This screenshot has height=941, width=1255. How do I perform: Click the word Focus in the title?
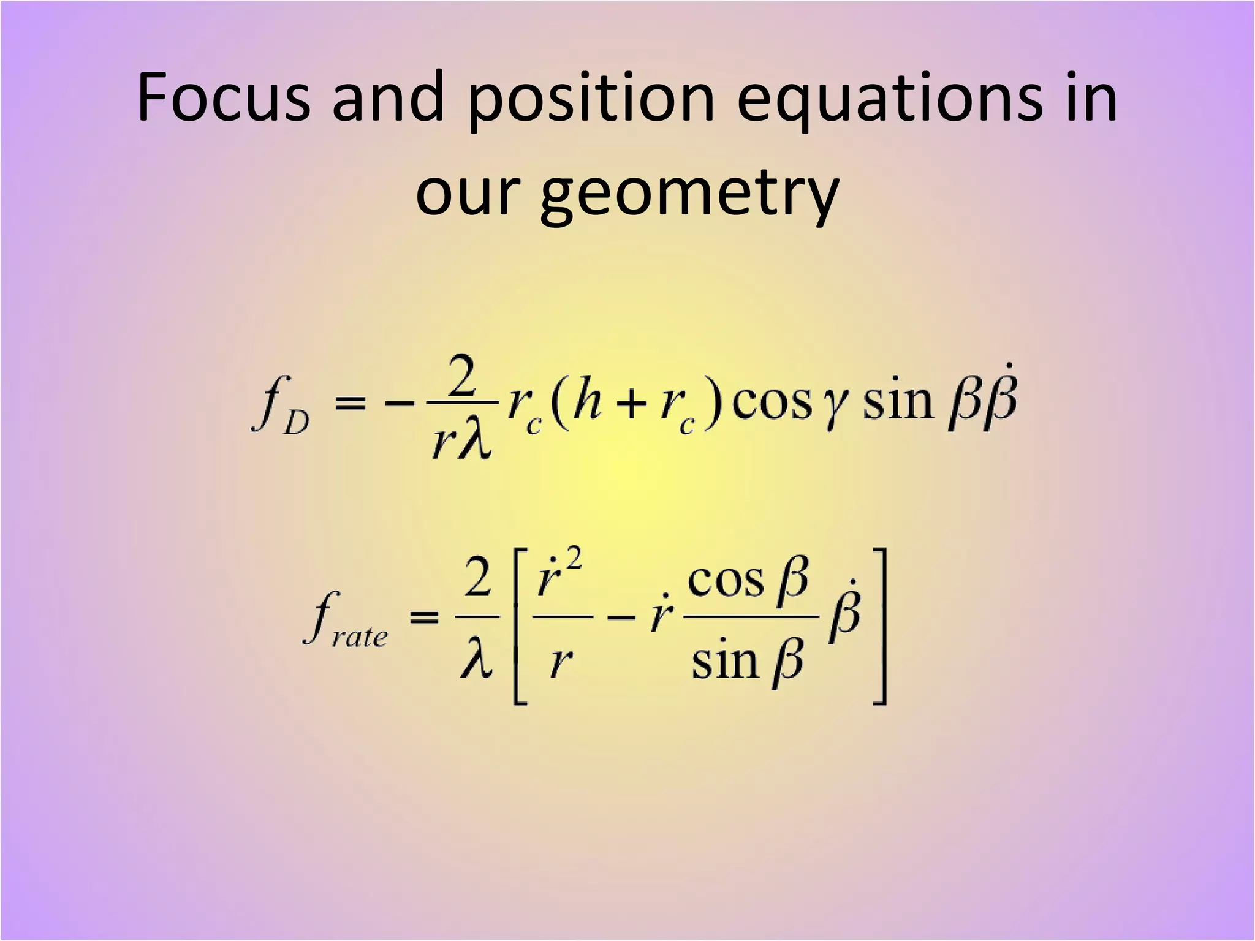coord(224,98)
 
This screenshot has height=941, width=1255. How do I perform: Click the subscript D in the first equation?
coord(297,422)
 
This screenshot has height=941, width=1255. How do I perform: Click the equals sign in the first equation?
coord(351,404)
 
